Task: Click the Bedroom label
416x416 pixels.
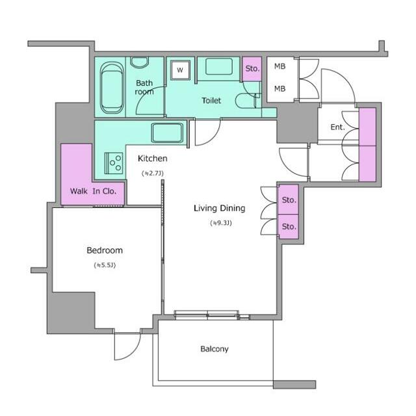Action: (x=105, y=250)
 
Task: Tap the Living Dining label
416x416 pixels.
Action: (x=220, y=208)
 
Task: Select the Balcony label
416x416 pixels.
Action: (x=214, y=349)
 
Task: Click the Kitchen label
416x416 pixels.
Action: (x=152, y=159)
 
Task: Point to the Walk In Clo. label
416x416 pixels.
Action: (x=94, y=191)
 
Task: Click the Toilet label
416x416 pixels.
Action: (x=211, y=101)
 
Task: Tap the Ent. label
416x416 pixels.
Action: (x=337, y=127)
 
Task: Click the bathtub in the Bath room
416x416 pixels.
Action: (x=112, y=88)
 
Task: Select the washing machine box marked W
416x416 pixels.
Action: (x=180, y=70)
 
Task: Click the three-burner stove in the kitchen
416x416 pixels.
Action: (x=114, y=163)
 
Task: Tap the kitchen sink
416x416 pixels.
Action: (x=167, y=133)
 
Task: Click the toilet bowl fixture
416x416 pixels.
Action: (x=247, y=101)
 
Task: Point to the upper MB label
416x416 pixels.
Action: (x=279, y=66)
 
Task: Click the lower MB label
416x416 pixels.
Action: (x=279, y=88)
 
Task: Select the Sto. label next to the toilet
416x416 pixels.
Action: (x=252, y=69)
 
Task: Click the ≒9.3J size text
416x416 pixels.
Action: (x=221, y=223)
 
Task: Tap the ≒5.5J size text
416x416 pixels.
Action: (x=105, y=265)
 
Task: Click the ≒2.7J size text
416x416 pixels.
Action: (x=153, y=174)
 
